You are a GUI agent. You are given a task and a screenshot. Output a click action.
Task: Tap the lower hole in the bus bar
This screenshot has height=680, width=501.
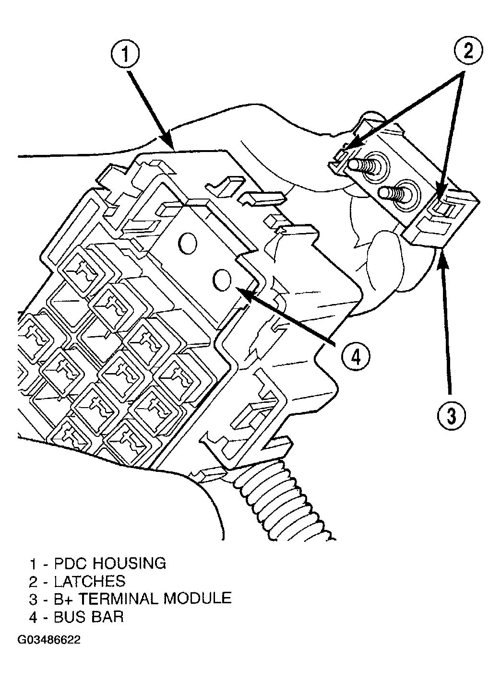point(222,279)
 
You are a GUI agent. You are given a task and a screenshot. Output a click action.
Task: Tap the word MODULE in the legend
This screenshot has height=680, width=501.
point(198,598)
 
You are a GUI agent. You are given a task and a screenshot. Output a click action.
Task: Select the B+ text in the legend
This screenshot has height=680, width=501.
point(65,598)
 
